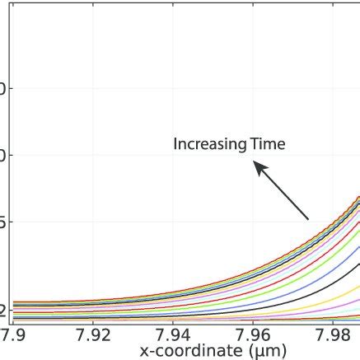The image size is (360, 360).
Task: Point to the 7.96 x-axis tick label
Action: [254, 335]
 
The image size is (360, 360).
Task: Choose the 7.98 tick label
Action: [334, 335]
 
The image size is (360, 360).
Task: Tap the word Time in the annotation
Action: [266, 144]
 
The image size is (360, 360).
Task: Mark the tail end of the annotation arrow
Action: [308, 218]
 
